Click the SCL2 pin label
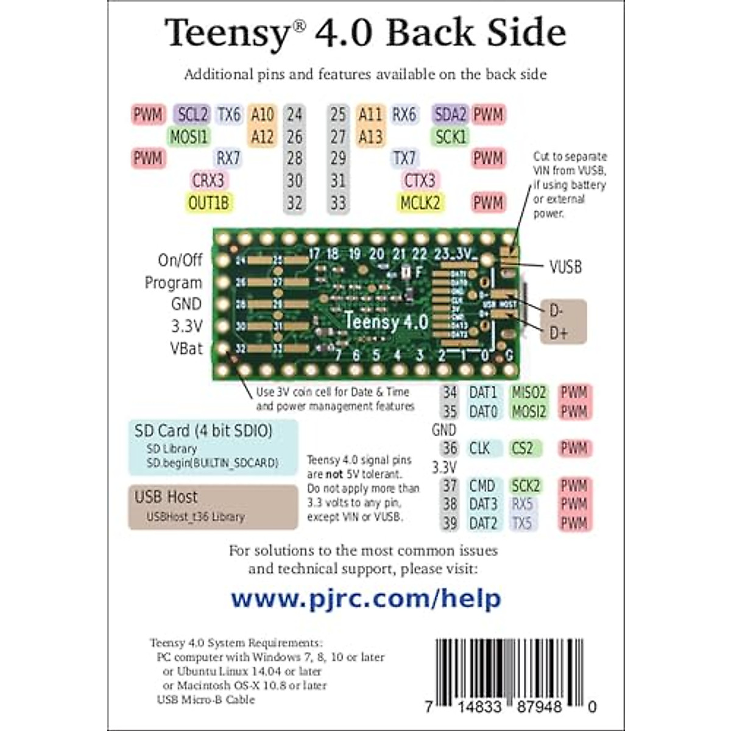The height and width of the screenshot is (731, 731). pos(192,115)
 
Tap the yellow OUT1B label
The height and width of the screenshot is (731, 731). pos(208,203)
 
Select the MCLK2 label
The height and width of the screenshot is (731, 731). pos(420,203)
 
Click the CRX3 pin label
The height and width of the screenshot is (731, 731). pos(208,181)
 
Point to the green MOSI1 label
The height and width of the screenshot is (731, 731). pos(189,136)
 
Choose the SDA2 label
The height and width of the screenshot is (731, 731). pos(450,115)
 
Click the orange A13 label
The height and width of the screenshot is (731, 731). pos(370,136)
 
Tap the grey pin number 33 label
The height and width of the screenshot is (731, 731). pos(338,203)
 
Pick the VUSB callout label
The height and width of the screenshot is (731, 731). pos(565,267)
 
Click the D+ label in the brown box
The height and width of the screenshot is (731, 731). pos(558,333)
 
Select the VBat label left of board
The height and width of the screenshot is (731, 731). pos(186,348)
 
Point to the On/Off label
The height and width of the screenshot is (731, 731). pos(180,261)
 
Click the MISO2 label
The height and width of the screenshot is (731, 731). pos(528,393)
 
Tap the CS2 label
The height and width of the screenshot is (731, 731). pos(523,449)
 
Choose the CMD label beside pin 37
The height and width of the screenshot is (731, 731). pos(482,486)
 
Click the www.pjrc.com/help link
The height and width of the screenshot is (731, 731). pos(365,599)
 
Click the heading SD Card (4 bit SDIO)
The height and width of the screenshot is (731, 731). pos(203,431)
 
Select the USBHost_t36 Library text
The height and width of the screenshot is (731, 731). pos(195,517)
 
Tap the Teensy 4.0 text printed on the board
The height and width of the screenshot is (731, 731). pos(386,321)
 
